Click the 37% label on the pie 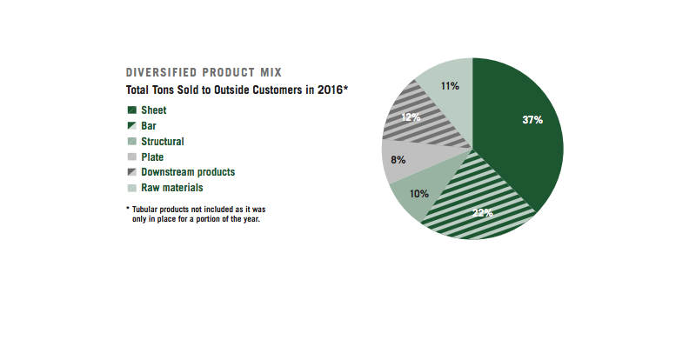[x=532, y=120]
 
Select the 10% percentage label [x=420, y=194]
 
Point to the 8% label [x=398, y=160]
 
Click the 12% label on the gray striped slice [x=412, y=116]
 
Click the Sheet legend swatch [x=132, y=110]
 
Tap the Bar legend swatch [x=132, y=126]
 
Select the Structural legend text [x=163, y=142]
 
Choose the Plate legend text [x=153, y=157]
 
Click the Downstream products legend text [x=188, y=172]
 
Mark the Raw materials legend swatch [x=132, y=188]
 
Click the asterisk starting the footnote [x=128, y=209]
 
